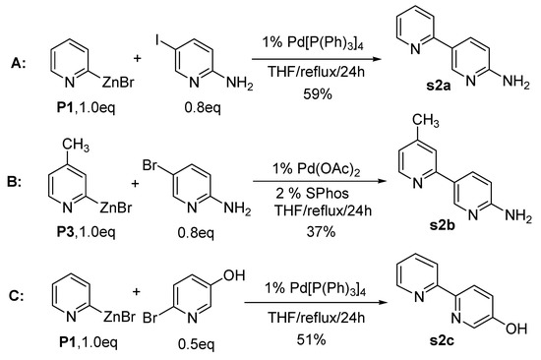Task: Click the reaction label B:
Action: tap(17, 184)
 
